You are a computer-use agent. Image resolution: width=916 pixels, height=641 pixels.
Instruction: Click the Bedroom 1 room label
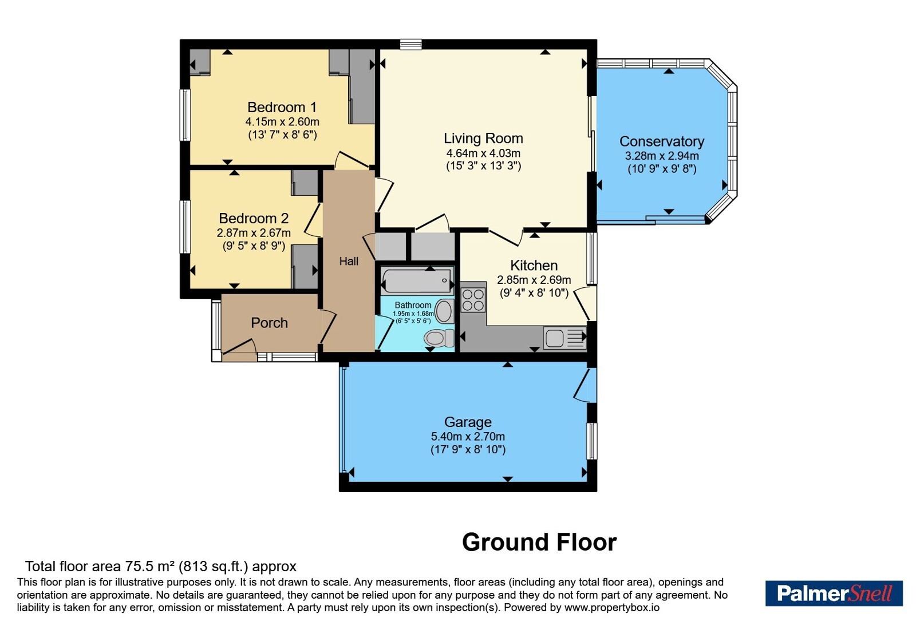[x=282, y=107]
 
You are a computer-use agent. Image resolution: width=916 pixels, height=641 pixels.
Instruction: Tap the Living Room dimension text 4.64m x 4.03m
[x=483, y=153]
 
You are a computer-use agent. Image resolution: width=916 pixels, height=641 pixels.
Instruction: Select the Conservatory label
[x=662, y=141]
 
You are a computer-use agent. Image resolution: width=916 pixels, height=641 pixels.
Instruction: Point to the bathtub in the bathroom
[x=417, y=280]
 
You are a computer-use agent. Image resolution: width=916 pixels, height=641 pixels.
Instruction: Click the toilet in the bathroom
[x=439, y=338]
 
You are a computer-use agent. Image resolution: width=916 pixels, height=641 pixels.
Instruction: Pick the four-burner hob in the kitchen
[x=473, y=300]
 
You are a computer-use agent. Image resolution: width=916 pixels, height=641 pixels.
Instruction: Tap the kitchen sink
[x=564, y=338]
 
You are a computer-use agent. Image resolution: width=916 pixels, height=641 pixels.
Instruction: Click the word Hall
[x=349, y=261]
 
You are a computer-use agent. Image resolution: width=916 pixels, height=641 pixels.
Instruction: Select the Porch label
[x=269, y=323]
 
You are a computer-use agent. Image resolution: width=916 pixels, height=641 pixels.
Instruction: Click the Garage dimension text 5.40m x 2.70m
[x=468, y=436]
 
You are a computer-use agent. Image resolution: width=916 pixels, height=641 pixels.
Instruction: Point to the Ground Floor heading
[x=539, y=543]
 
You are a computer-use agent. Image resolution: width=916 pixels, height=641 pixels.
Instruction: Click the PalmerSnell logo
[x=834, y=593]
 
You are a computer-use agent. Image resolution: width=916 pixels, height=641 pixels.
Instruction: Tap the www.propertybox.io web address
[x=612, y=607]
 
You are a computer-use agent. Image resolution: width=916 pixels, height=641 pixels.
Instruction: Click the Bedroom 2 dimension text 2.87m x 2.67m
[x=254, y=233]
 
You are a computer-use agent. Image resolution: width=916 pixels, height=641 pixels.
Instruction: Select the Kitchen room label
[x=534, y=266]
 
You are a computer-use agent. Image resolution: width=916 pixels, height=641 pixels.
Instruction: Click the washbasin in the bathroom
[x=445, y=311]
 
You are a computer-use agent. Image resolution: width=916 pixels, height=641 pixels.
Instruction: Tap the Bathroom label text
[x=413, y=305]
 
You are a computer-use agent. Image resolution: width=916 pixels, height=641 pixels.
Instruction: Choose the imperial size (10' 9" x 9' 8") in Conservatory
[x=662, y=169]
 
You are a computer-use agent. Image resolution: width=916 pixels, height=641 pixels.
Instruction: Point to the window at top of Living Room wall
[x=410, y=44]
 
